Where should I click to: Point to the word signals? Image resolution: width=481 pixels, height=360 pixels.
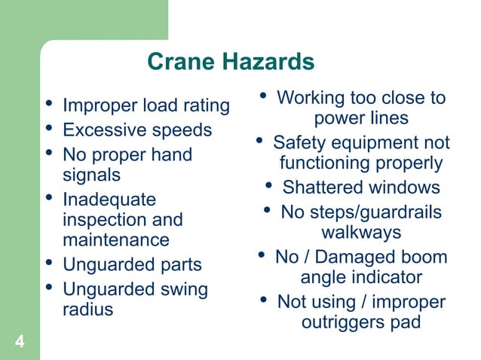(x=91, y=175)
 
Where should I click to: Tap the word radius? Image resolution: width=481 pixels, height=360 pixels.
(x=87, y=309)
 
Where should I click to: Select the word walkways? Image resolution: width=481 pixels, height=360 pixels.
(x=361, y=233)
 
